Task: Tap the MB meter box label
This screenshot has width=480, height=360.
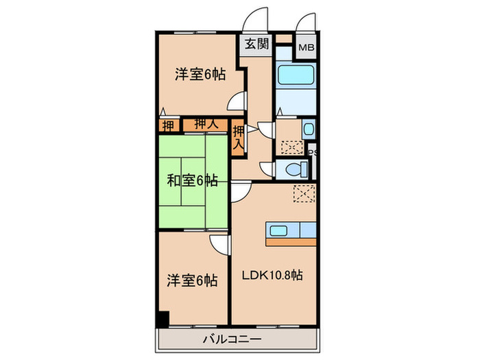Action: [305, 49]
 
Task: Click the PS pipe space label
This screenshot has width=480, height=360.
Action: [312, 154]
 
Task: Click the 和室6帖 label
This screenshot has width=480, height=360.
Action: [193, 181]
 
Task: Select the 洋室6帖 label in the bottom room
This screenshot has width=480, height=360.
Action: [193, 280]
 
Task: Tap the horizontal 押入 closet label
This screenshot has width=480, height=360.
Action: [206, 125]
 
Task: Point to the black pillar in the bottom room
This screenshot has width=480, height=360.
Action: [163, 319]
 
